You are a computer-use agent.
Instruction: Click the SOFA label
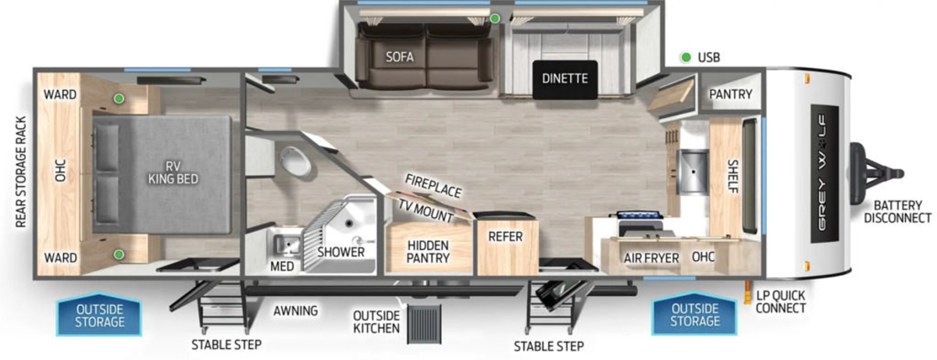(x=400, y=57)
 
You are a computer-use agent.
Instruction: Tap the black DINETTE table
(x=565, y=80)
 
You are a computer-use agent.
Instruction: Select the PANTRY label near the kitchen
(x=730, y=94)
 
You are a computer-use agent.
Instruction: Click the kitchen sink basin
(x=693, y=172)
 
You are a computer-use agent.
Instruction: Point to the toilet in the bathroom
(x=295, y=161)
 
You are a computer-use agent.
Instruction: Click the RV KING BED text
(x=173, y=173)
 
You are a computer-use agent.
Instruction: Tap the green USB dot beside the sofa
(x=495, y=19)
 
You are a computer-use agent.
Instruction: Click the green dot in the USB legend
(x=686, y=57)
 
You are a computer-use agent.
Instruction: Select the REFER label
(x=505, y=237)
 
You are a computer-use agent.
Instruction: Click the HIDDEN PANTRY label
(x=428, y=251)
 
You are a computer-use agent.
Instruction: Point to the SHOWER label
(x=340, y=252)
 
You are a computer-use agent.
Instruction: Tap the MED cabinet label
(x=282, y=266)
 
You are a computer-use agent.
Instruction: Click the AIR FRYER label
(x=651, y=258)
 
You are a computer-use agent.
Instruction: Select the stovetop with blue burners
(x=640, y=216)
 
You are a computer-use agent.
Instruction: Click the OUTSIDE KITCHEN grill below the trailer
(x=424, y=323)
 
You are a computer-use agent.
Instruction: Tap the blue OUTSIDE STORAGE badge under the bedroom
(x=100, y=315)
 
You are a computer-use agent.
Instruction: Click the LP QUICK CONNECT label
(x=781, y=302)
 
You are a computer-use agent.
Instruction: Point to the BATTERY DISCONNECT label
(x=897, y=212)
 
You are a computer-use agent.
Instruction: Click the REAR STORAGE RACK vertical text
(x=21, y=173)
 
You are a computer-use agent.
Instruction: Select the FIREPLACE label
(x=433, y=186)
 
